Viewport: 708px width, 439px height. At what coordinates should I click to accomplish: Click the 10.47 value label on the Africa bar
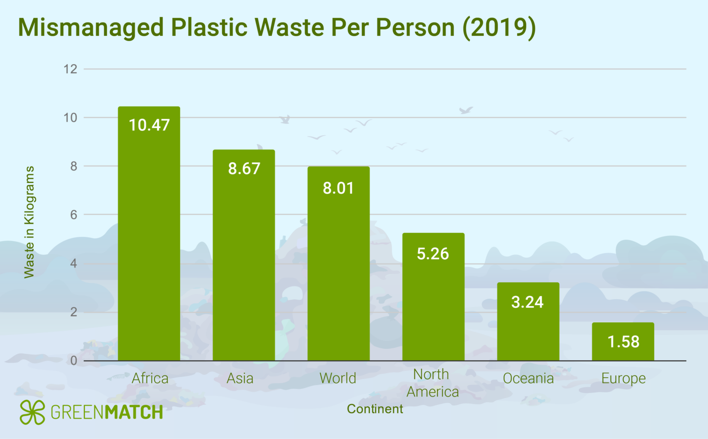(149, 125)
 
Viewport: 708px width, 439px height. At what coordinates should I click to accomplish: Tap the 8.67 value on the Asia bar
(244, 168)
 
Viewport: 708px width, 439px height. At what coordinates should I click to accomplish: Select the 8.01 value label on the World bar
(338, 188)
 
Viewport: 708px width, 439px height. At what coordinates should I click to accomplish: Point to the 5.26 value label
(433, 254)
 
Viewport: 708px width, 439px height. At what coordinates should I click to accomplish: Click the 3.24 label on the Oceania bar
(527, 302)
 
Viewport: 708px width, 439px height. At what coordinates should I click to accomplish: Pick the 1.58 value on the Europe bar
(623, 342)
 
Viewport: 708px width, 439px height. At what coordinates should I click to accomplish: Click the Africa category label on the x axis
(150, 378)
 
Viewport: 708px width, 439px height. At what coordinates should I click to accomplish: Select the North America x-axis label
(432, 383)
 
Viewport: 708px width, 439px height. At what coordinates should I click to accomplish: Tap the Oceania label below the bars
(528, 378)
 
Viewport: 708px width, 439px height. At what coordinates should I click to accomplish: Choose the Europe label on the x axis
(623, 378)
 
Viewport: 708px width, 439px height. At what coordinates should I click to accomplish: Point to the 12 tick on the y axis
(71, 69)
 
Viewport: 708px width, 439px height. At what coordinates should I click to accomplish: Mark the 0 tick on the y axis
(74, 361)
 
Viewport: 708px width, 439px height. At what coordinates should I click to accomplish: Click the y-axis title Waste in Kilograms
(29, 222)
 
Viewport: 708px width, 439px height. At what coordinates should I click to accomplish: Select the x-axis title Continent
(375, 409)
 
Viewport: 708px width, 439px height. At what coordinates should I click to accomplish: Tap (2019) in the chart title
(499, 27)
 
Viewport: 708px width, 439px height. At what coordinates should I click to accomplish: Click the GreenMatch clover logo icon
(32, 412)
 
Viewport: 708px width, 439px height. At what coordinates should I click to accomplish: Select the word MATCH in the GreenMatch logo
(134, 412)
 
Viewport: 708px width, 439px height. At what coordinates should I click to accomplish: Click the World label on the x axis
(338, 378)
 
